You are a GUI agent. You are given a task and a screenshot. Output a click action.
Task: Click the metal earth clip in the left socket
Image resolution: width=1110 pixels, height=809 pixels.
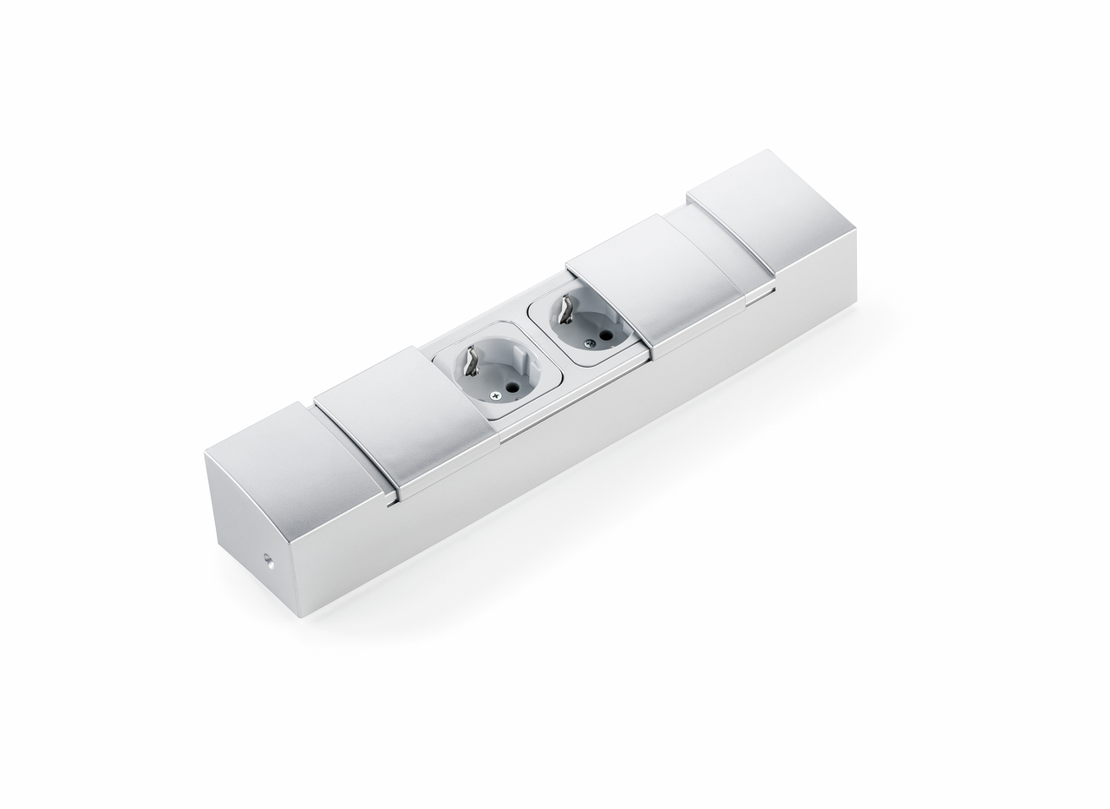pos(471,361)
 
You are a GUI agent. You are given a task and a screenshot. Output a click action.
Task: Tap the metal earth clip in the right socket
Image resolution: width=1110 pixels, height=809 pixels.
pos(565,309)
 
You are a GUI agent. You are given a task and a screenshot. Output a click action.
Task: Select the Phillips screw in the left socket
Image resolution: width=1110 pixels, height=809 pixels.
pos(495,395)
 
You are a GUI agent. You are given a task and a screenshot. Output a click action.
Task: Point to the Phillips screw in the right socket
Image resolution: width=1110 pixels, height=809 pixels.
pos(590,343)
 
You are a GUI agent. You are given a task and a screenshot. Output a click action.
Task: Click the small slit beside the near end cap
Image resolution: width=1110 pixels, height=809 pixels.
pos(394,502)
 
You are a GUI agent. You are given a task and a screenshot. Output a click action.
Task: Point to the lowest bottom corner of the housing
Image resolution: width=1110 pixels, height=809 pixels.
pos(298,617)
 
